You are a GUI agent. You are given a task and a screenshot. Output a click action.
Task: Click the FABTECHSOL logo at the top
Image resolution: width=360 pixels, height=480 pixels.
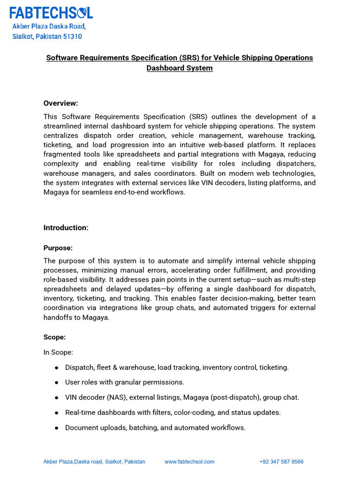[x=51, y=12]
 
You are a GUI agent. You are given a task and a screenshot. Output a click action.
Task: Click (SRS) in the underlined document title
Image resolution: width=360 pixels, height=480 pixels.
[x=190, y=58]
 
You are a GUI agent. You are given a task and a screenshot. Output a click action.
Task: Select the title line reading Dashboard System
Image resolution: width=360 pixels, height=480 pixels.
[x=180, y=68]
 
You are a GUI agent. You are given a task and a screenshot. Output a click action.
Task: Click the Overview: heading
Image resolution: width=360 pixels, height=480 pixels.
[x=61, y=103]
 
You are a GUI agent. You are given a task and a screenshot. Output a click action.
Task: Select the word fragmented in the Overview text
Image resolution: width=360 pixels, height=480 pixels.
[x=62, y=154]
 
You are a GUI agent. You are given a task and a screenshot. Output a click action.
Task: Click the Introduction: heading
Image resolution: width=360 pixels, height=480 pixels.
[x=66, y=228]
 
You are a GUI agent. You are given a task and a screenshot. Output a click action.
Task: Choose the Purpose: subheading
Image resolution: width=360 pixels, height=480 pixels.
[x=58, y=247]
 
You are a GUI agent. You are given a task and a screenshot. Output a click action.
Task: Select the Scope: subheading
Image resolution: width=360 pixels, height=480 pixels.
[x=54, y=337]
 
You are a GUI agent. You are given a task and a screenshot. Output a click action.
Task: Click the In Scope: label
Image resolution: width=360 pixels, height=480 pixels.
[x=58, y=352]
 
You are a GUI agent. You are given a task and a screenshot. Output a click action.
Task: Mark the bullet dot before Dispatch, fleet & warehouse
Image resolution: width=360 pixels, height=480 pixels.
[x=56, y=368]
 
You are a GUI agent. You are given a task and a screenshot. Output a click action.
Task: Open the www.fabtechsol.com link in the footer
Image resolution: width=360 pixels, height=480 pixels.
[x=189, y=462]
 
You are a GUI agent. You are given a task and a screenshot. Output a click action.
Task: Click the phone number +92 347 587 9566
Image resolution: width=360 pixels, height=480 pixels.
[x=281, y=462]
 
